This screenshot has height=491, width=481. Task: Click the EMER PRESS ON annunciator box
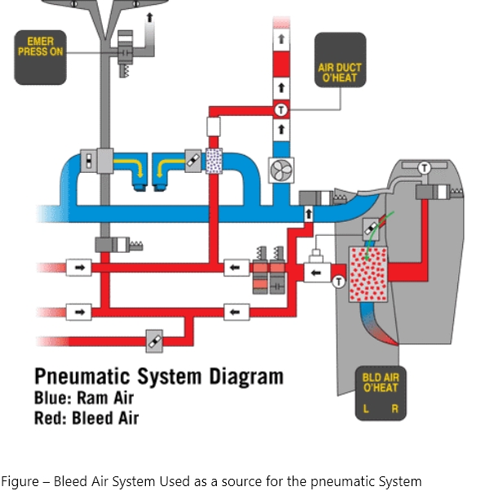(x=40, y=56)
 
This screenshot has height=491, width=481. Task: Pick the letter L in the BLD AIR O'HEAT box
(x=366, y=409)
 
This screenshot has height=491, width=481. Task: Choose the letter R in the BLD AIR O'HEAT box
(x=395, y=409)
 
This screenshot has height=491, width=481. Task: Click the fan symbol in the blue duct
(x=282, y=170)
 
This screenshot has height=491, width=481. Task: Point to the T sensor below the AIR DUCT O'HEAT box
(x=281, y=109)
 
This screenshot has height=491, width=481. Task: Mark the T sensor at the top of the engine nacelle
(x=424, y=167)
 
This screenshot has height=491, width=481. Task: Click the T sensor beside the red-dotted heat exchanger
(x=338, y=281)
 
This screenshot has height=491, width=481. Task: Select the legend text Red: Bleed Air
(x=86, y=418)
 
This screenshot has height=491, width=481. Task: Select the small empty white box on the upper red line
(x=215, y=126)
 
